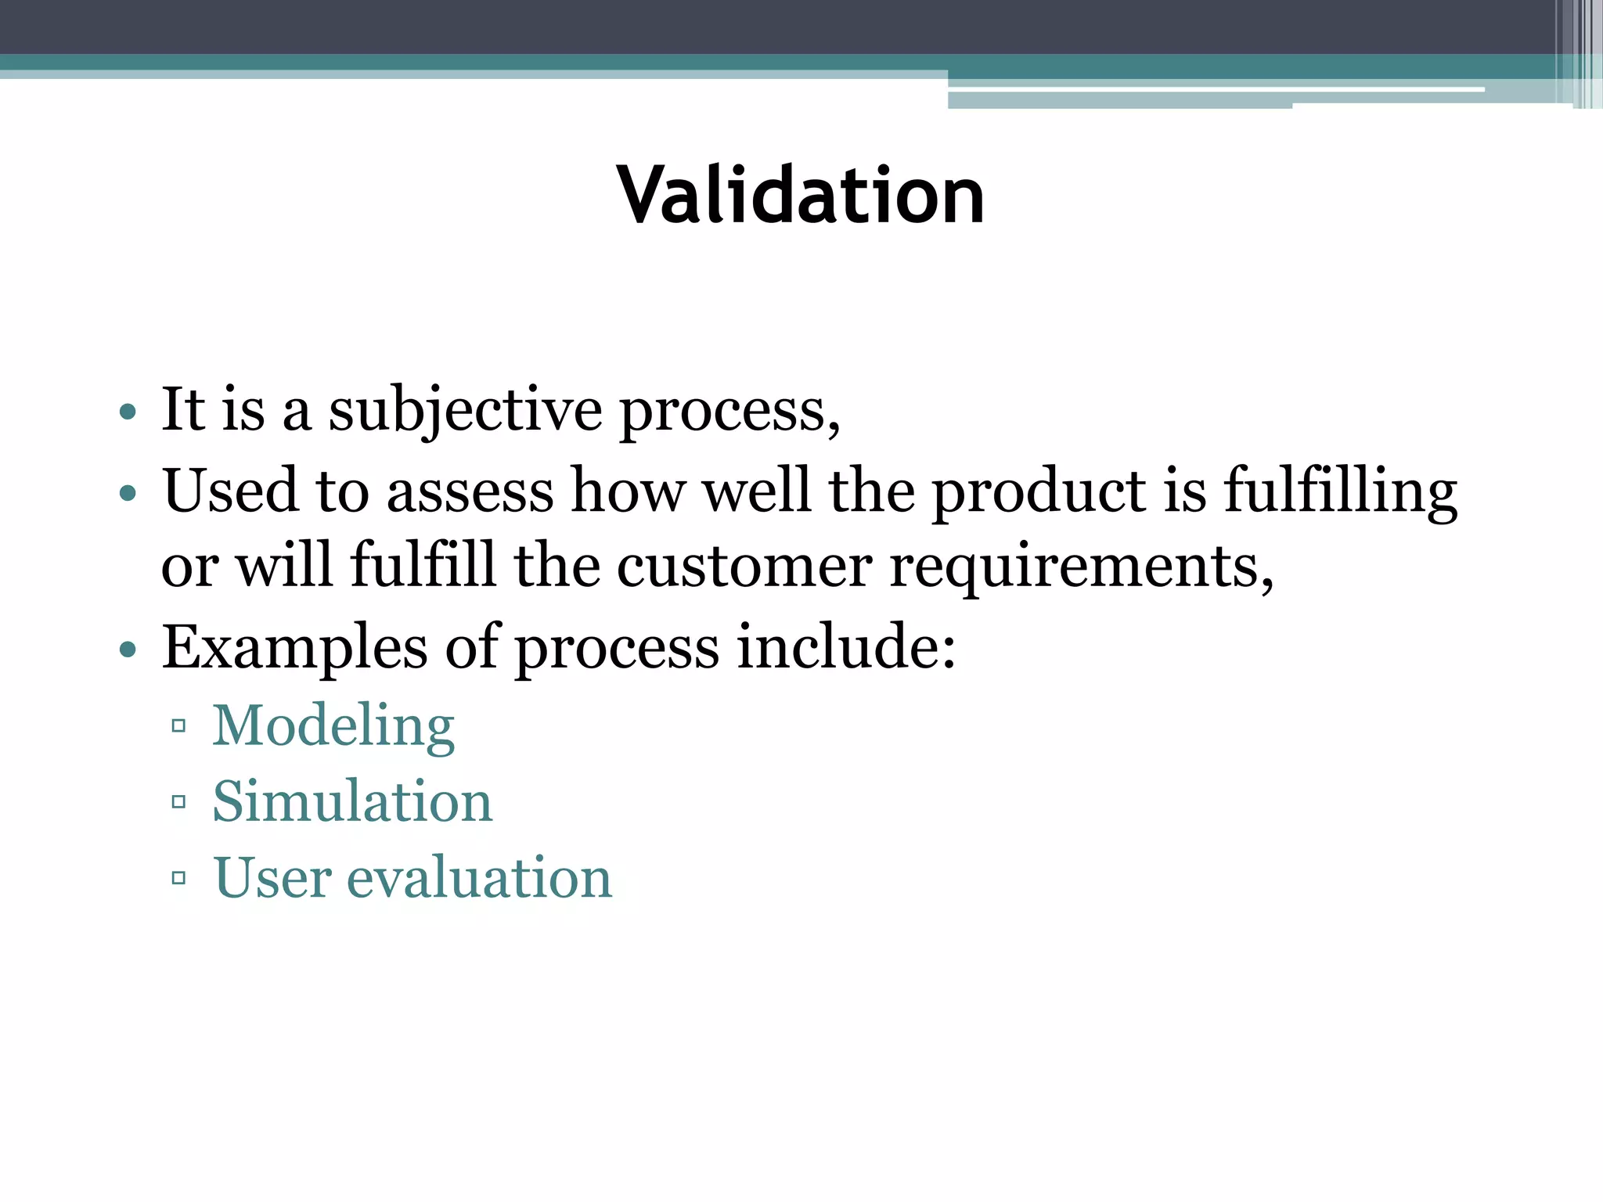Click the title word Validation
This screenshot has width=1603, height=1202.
[x=800, y=196]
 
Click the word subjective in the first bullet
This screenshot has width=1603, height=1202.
[x=465, y=411]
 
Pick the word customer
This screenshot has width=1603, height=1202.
[x=744, y=567]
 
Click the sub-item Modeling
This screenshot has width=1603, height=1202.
[x=333, y=726]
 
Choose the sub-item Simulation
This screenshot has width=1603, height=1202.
[x=352, y=802]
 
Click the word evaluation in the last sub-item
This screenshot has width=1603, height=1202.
[x=479, y=878]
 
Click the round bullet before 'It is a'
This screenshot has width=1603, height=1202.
[x=128, y=412]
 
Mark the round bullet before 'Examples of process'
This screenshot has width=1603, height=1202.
[x=128, y=650]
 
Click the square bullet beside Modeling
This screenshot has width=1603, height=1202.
[x=178, y=726]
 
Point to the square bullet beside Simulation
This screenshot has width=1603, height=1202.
[x=178, y=802]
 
